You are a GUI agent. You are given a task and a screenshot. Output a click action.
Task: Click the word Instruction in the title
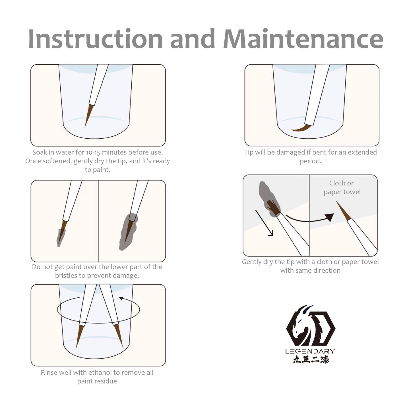pyautogui.click(x=95, y=39)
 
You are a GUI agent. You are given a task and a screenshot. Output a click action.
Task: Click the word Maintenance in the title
pyautogui.click(x=303, y=39)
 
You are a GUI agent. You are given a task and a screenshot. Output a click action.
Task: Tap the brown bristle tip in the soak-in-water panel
pyautogui.click(x=89, y=116)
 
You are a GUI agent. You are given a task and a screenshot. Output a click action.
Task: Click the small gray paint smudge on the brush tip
pyautogui.click(x=61, y=237)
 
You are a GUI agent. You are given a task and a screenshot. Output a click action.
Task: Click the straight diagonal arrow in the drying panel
pyautogui.click(x=264, y=223)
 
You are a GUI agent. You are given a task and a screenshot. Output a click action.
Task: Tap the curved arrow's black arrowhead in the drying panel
pyautogui.click(x=330, y=217)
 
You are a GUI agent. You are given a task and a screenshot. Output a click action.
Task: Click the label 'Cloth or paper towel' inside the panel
pyautogui.click(x=342, y=188)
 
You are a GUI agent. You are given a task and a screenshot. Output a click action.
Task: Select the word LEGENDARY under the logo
pyautogui.click(x=310, y=352)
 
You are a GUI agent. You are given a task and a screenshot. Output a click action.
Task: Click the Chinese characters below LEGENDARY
pyautogui.click(x=311, y=359)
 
